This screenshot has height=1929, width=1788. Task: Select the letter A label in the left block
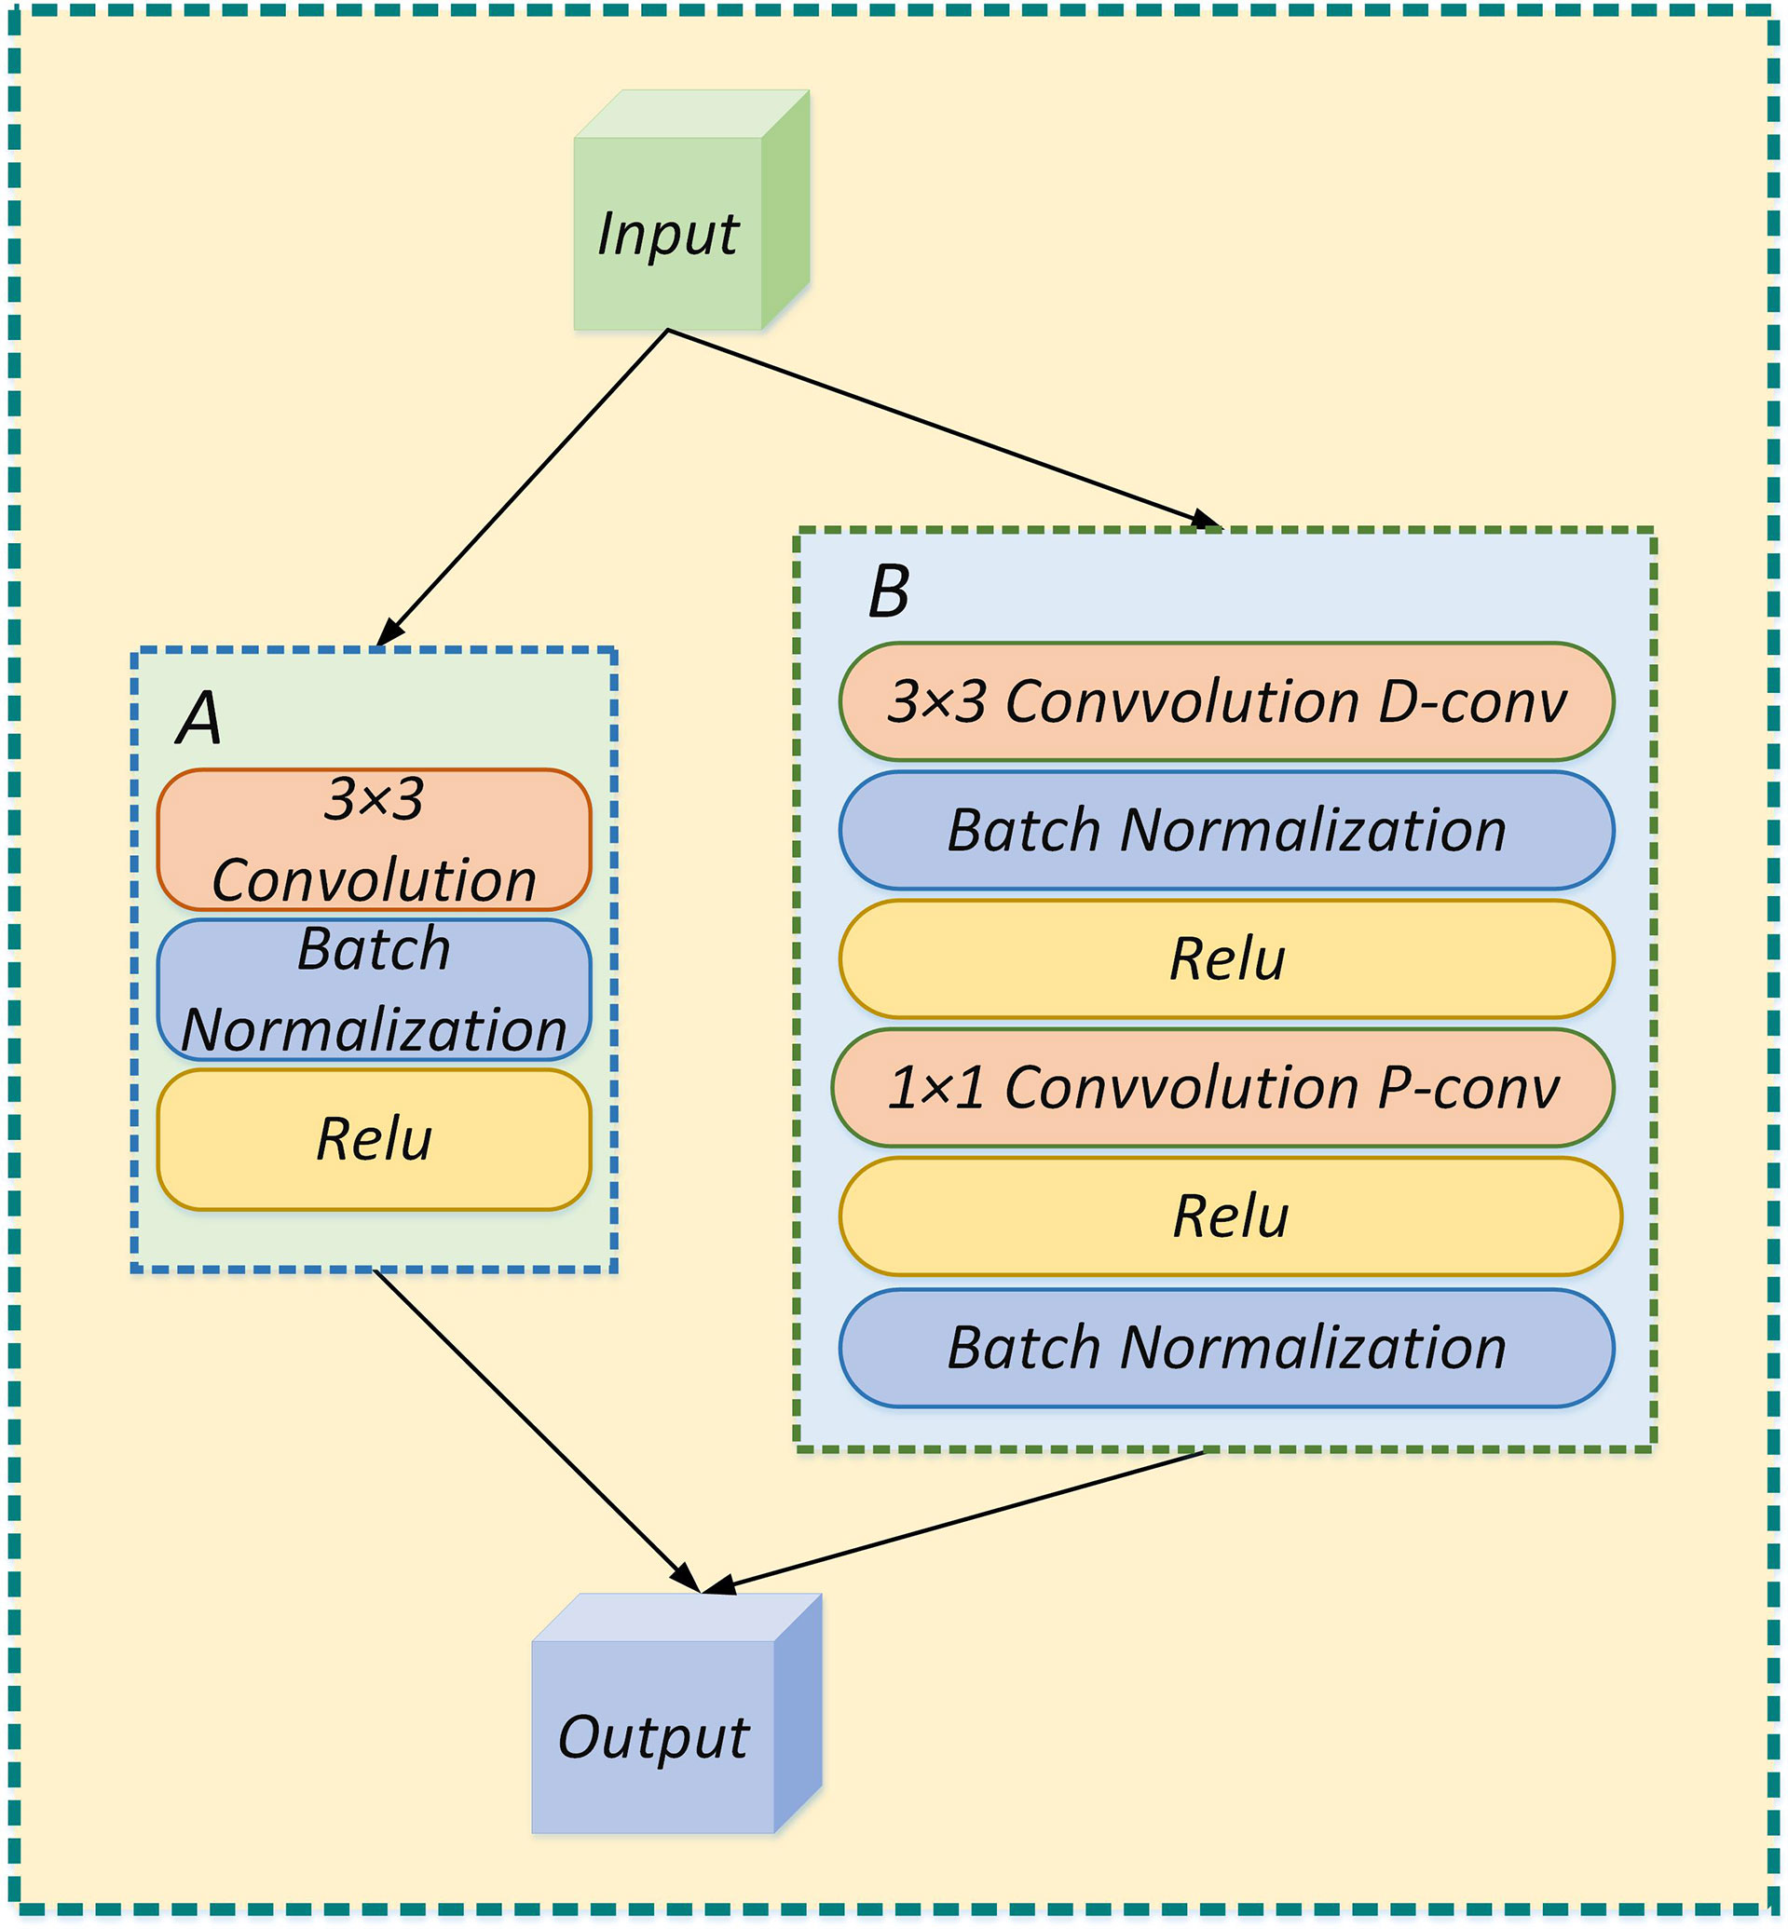199,719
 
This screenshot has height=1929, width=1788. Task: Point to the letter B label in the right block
888,591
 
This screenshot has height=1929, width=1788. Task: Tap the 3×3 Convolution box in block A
374,838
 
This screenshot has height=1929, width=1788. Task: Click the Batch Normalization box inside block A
374,988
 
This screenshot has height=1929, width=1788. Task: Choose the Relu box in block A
374,1138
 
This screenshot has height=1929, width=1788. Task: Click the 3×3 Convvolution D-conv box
1226,701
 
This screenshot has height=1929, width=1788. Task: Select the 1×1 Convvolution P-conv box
1223,1087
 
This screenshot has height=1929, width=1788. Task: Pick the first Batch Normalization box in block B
1226,830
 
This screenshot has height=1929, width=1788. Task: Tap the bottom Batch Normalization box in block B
1226,1347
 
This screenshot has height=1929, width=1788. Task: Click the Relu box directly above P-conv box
1226,958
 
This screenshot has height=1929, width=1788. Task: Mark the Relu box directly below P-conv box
1230,1216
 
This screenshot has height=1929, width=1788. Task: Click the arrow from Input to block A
523,489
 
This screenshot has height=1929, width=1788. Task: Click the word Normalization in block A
374,1029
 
